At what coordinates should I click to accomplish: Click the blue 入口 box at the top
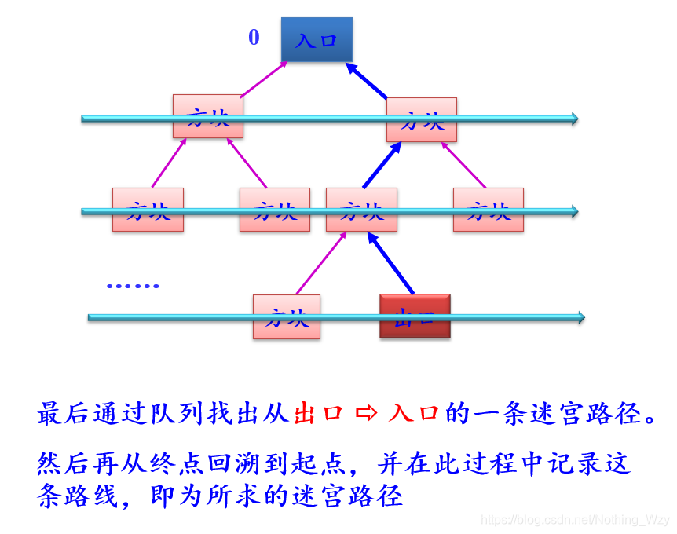(317, 40)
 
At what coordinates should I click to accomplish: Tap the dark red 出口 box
(415, 316)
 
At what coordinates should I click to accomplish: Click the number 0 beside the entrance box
(254, 38)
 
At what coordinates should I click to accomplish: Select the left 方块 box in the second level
(207, 117)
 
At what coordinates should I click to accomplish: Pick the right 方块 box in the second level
(422, 119)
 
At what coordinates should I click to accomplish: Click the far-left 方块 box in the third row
(148, 210)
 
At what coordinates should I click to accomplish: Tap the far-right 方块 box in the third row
(488, 210)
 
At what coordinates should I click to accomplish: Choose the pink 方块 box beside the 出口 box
(286, 316)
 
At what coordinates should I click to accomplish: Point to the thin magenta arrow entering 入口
(263, 79)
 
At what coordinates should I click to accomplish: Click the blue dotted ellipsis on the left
(133, 286)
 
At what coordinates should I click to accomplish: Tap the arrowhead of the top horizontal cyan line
(574, 119)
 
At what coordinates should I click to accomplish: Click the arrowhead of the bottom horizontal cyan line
(580, 317)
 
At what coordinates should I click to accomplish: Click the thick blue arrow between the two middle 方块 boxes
(377, 166)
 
